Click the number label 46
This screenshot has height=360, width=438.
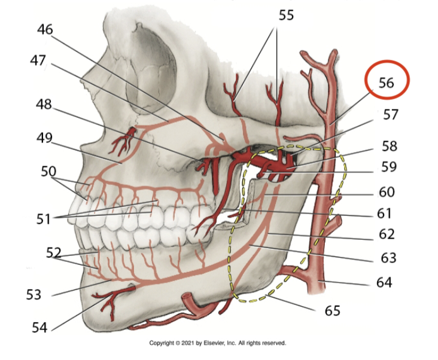pos(45,28)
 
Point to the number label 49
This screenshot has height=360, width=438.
pos(44,138)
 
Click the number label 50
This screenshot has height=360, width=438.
pos(48,172)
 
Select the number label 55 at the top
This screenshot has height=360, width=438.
pos(286,15)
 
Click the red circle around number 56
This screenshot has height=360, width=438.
pos(386,82)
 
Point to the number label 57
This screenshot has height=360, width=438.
pos(390,114)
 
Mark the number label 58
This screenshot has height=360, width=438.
pos(389,147)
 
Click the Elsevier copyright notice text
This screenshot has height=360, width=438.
pos(218,343)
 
